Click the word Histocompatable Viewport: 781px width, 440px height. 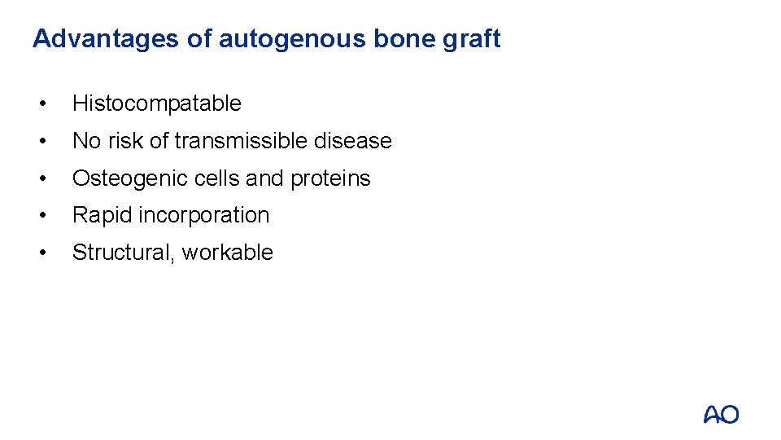point(157,103)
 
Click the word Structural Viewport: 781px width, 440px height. point(124,253)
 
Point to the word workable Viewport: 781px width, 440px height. point(228,253)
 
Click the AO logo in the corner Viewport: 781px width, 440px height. point(721,415)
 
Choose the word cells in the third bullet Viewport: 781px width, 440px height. point(217,178)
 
